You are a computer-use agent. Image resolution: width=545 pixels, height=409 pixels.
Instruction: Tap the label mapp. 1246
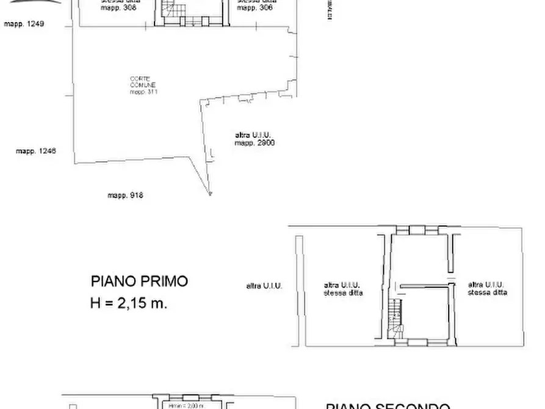(x=36, y=151)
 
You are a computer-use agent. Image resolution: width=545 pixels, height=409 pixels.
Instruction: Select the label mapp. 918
(x=125, y=195)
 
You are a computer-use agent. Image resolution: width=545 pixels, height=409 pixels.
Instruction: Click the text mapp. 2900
(x=254, y=143)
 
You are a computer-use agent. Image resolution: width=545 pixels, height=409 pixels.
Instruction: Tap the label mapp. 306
(x=255, y=8)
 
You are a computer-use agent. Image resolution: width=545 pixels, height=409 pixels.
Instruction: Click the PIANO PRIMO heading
(x=139, y=281)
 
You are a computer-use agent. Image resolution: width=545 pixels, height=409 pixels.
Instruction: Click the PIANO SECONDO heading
(x=388, y=406)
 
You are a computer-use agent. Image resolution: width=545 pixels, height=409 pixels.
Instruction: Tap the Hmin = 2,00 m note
(x=186, y=405)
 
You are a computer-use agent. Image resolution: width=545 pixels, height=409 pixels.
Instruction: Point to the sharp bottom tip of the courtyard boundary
(x=211, y=194)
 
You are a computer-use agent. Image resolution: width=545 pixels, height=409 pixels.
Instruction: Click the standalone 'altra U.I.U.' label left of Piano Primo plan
(x=264, y=285)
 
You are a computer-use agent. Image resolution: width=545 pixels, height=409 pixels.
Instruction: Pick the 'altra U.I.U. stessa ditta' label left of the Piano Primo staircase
(x=343, y=289)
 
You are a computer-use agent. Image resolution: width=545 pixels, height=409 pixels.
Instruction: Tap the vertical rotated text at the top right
(x=330, y=9)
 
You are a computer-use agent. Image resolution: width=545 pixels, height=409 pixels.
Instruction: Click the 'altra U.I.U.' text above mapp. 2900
(x=253, y=135)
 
